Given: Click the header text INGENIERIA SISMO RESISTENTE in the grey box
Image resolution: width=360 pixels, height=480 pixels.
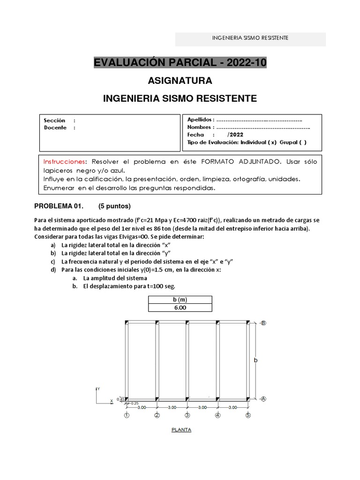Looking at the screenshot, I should [250, 37].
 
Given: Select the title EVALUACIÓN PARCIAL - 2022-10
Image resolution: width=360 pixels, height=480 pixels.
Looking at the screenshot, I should [180, 63].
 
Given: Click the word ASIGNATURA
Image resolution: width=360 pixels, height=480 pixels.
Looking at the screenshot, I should [180, 81].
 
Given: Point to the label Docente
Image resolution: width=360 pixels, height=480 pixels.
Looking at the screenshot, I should [55, 127].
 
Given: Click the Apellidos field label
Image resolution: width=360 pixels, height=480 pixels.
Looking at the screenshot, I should [201, 120].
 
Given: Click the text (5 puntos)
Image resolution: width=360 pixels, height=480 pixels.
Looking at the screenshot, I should [114, 206].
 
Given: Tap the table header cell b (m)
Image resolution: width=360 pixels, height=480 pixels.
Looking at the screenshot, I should [180, 300].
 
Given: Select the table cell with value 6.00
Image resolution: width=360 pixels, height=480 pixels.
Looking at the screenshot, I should [180, 307].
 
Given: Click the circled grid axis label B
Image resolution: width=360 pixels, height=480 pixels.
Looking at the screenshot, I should [263, 323].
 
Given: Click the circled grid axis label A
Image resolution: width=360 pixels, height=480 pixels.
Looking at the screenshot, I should [263, 399].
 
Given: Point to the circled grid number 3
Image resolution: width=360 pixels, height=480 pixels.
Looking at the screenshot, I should [187, 415].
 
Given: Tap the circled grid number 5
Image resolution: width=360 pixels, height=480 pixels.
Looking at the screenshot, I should [248, 415].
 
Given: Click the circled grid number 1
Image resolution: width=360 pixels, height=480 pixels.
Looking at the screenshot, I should [127, 415].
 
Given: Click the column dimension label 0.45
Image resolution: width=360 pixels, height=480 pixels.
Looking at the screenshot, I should [120, 399].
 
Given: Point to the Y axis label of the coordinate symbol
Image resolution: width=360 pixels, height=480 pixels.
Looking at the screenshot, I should [98, 389].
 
